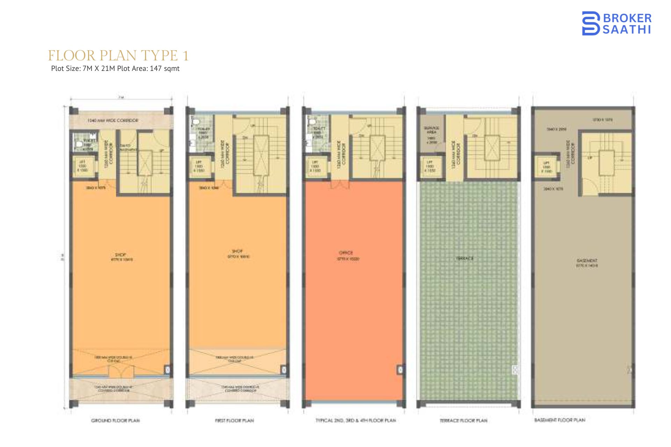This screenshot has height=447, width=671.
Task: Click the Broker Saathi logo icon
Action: pos(591,23)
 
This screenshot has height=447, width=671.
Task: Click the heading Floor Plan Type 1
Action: pos(118,56)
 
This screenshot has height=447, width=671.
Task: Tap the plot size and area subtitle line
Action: pos(115,68)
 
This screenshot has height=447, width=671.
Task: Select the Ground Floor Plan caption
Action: pos(115,420)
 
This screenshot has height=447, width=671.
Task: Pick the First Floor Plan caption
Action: pos(234,420)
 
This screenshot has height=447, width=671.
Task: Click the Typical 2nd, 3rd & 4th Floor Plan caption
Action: pos(355,420)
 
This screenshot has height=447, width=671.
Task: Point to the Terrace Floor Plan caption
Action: pos(463,420)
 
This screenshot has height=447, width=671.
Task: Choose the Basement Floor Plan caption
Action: pos(560,420)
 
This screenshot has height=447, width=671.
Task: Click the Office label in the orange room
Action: pos(346,252)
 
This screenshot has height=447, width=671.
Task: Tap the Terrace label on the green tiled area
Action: pos(464,258)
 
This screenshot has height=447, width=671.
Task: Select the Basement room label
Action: pos(587,261)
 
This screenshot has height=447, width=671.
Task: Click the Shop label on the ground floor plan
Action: pos(121,255)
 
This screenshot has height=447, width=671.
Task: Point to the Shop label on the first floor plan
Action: pos(237,251)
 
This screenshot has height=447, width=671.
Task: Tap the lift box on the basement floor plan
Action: pos(546,167)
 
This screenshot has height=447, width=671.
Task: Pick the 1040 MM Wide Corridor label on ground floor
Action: pos(113,120)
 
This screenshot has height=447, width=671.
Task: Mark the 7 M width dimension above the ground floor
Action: pos(121,98)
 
